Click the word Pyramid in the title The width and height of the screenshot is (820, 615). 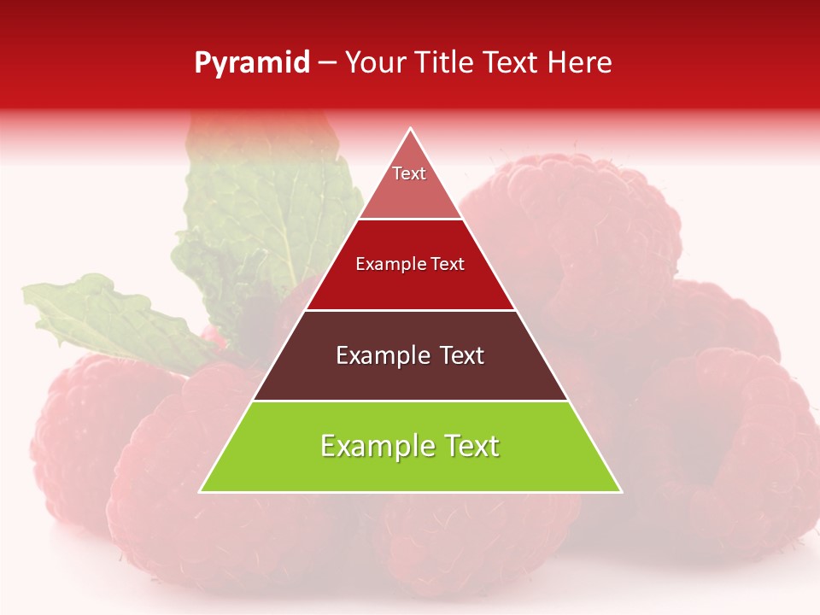coord(252,63)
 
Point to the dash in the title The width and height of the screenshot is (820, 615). coord(327,63)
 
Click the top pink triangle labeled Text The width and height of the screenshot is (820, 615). coord(409,184)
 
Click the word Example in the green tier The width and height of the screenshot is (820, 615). coord(371,446)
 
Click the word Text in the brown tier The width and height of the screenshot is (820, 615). coord(457,355)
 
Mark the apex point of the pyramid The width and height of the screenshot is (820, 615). coord(411,129)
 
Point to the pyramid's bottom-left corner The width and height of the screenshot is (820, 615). coord(201,491)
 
